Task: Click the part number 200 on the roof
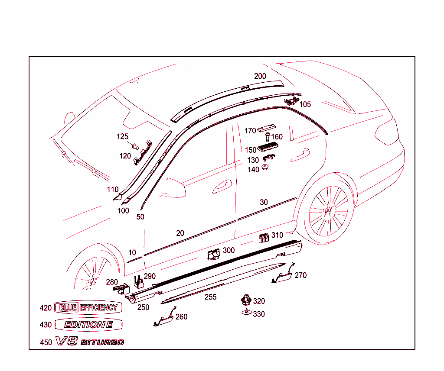260,76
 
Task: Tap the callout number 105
305,104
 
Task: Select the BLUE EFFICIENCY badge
88,308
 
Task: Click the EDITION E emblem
88,325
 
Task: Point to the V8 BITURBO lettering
90,342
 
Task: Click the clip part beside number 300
213,255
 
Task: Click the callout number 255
210,297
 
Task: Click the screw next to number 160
267,137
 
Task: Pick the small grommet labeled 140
265,168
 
